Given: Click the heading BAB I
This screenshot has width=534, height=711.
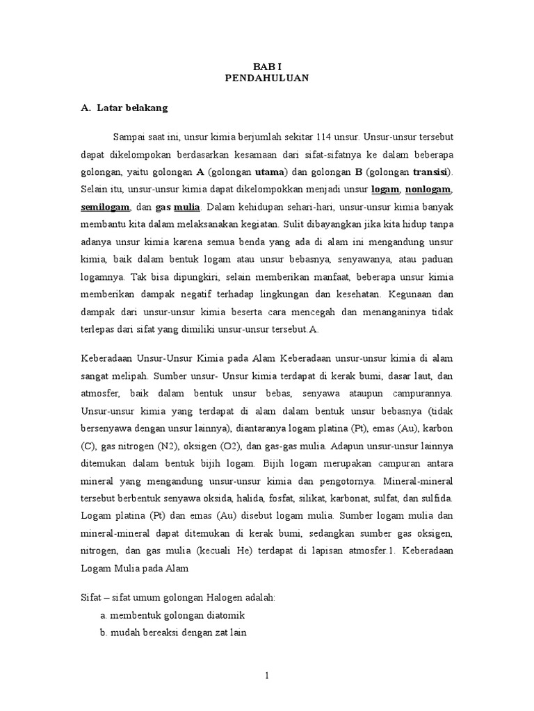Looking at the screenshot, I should [x=266, y=65].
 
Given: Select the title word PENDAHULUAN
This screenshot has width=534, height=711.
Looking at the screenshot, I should [x=266, y=78].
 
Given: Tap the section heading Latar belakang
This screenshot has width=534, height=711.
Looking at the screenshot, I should [x=132, y=108].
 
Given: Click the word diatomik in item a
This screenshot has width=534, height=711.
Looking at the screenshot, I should [x=222, y=615].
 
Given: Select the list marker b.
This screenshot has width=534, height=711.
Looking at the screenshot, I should [x=103, y=633].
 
